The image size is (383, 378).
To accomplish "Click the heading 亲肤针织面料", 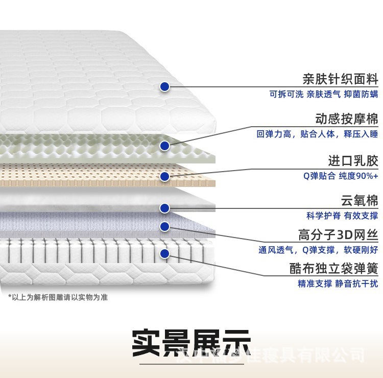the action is (340, 79).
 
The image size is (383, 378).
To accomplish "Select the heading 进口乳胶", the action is (353, 161).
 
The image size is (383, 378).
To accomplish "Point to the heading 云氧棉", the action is (360, 200).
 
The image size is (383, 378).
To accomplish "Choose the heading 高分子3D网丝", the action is (338, 235).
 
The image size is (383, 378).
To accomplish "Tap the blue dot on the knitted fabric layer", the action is (164, 87).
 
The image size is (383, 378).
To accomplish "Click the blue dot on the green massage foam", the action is (164, 146).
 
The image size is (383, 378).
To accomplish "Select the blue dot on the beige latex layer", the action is (164, 177).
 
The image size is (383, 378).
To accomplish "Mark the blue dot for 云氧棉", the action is (164, 208).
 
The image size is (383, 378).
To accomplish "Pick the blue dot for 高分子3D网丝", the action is (164, 226).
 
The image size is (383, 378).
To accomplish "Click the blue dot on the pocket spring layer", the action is (164, 253).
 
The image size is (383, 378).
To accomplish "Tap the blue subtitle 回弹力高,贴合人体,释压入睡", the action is (317, 134).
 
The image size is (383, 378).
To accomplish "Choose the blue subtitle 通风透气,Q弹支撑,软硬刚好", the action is (318, 250).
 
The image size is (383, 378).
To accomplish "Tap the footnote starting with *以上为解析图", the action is (58, 297).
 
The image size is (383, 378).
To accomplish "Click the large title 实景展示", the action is (191, 343).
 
